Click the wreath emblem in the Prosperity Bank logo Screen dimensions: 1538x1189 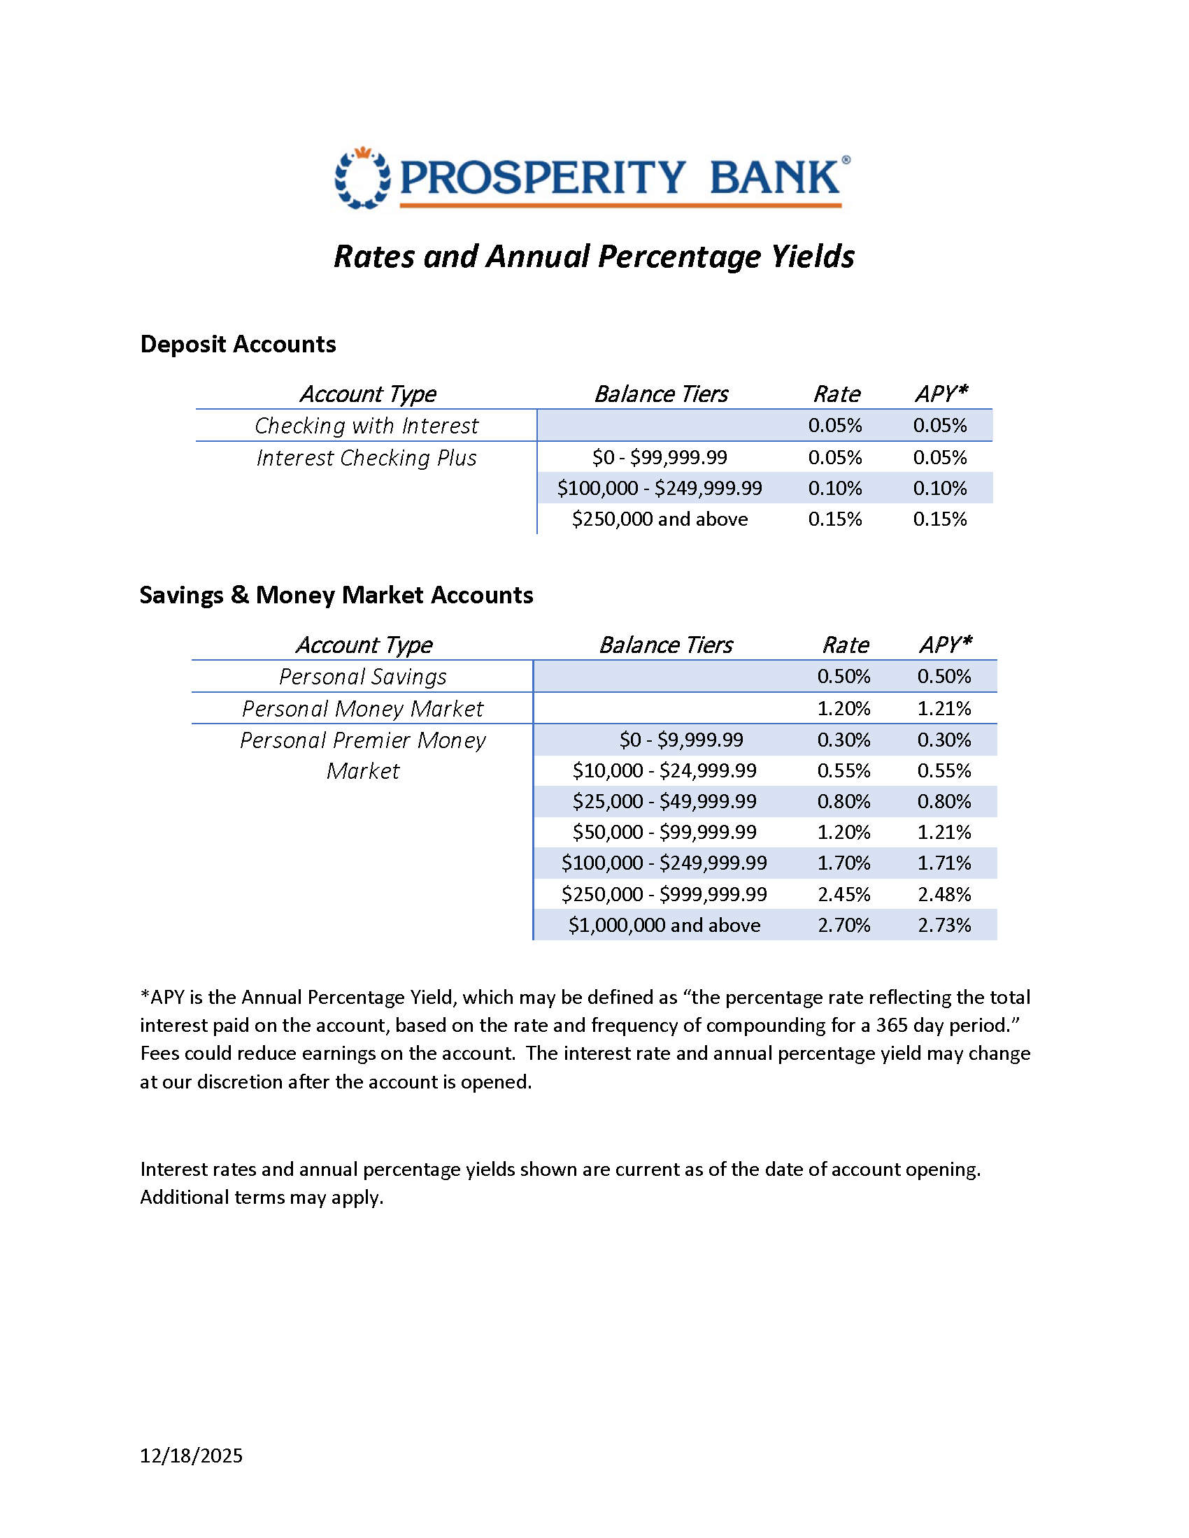click(362, 178)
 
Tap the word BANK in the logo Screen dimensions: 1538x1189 click(774, 178)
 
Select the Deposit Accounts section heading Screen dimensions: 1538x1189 click(238, 345)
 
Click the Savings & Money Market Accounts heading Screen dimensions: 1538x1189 click(336, 595)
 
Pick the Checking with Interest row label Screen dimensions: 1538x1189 click(366, 426)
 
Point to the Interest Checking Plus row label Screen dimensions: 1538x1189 click(366, 458)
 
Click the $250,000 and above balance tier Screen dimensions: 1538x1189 click(660, 519)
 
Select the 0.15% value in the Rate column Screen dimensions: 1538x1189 click(834, 519)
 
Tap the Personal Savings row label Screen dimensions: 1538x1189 click(362, 677)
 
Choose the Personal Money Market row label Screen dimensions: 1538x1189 click(362, 708)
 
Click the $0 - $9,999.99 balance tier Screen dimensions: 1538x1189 click(681, 740)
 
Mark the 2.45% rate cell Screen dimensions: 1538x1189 click(843, 894)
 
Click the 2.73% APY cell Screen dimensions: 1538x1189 click(944, 926)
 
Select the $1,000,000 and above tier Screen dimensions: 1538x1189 click(664, 926)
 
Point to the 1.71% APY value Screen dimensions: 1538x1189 click(944, 863)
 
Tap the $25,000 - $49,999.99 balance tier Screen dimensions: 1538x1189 click(664, 801)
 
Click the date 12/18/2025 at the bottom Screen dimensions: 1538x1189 click(191, 1456)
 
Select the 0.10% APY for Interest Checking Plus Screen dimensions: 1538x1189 click(939, 488)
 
